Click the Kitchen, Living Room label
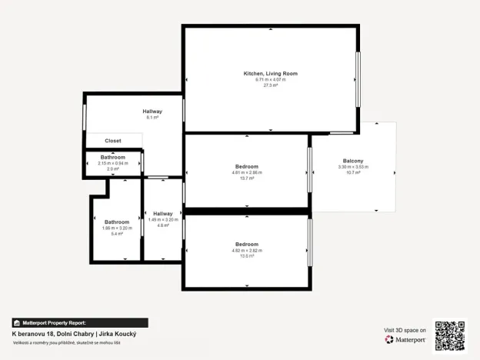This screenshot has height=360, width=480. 271,73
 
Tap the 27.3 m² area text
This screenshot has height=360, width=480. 271,85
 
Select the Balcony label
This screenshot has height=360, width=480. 353,160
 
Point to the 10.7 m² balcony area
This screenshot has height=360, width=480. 353,172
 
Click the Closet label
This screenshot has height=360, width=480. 113,141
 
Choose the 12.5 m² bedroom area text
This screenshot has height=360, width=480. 247,256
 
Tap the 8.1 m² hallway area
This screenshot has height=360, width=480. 152,118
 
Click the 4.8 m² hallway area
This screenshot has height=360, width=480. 163,225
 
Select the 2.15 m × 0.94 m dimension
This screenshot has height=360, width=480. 113,163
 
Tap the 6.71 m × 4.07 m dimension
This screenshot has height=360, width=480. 271,79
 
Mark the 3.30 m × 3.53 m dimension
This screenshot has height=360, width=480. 353,166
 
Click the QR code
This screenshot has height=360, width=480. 450,335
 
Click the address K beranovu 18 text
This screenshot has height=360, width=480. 34,334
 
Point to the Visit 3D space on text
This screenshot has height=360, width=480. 405,330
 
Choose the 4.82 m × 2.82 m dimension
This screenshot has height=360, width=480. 247,251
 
